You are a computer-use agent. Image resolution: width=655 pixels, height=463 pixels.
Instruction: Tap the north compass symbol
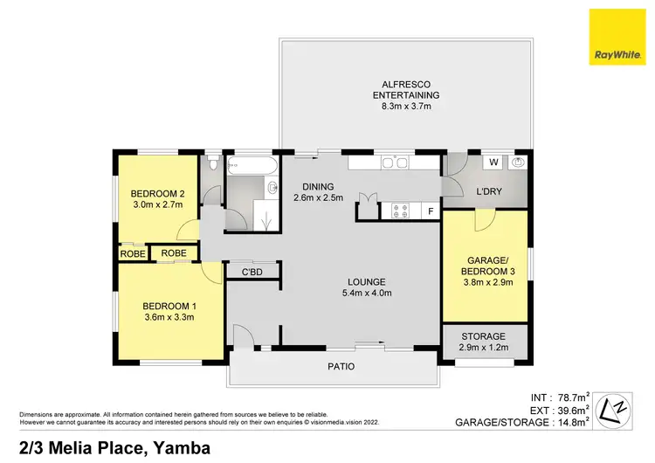[x=617, y=407]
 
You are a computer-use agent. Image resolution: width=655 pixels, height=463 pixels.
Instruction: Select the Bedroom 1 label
[x=169, y=305]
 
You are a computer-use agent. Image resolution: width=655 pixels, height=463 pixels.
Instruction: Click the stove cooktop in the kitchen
[x=400, y=211]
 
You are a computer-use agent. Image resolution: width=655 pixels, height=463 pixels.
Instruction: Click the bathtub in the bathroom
[x=251, y=163]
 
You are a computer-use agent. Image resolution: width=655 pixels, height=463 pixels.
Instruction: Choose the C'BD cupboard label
[x=252, y=273]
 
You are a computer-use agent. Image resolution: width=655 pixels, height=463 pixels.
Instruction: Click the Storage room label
[x=483, y=336]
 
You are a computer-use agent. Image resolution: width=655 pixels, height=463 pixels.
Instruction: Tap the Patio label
[x=341, y=366]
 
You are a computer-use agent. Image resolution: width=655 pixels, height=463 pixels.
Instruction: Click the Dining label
[x=312, y=186]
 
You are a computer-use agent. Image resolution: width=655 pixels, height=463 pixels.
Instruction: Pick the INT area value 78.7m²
[x=572, y=395]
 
